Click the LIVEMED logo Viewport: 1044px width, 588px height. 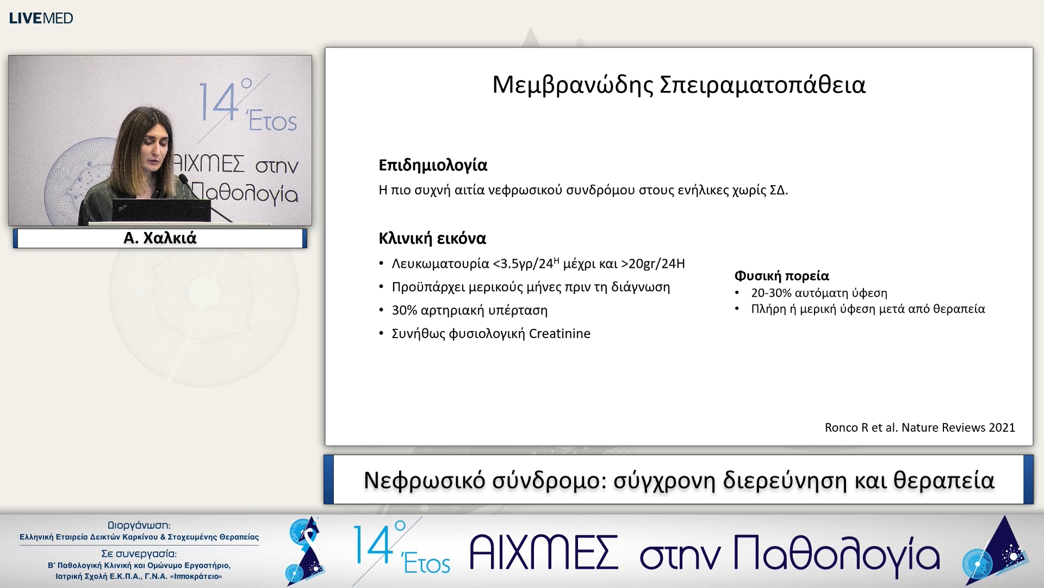[41, 18]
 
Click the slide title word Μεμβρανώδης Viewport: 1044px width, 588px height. [572, 85]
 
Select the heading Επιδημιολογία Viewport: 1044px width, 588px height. [433, 165]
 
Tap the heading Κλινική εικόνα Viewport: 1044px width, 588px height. [432, 238]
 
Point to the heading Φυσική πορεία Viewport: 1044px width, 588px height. [781, 276]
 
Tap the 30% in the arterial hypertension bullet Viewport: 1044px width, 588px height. [404, 310]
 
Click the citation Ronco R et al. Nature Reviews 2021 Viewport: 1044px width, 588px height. [919, 427]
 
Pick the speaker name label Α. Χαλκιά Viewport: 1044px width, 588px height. [160, 238]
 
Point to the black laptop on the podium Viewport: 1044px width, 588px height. [161, 210]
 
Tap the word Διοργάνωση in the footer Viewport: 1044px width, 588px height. [139, 525]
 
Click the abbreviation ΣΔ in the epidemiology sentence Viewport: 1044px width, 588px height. [777, 191]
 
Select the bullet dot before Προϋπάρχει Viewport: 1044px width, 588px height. [381, 287]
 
